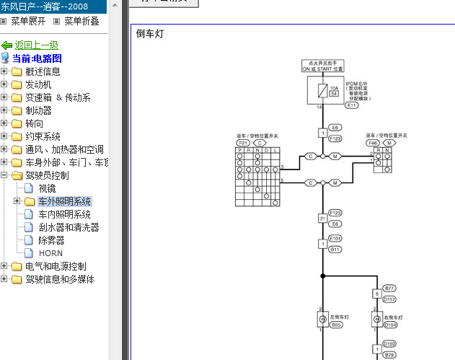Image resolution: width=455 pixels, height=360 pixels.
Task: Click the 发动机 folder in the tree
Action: [x=37, y=84]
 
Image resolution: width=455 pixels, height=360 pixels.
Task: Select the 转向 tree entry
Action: [x=33, y=123]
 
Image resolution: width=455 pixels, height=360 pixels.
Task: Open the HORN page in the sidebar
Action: [x=50, y=253]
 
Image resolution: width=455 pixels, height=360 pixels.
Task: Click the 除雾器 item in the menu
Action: [x=53, y=240]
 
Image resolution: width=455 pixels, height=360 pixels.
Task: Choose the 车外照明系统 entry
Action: [x=64, y=201]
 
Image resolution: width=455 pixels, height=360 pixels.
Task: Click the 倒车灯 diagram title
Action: [x=149, y=34]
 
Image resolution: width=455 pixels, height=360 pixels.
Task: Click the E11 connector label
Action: [x=352, y=105]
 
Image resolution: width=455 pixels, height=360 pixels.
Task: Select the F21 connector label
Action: [x=243, y=143]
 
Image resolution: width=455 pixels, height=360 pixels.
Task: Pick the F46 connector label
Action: [x=373, y=143]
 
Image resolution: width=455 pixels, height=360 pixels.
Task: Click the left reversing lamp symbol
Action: [x=322, y=318]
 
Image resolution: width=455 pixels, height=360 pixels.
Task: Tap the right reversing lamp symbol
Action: [x=376, y=318]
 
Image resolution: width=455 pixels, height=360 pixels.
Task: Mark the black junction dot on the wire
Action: [x=322, y=276]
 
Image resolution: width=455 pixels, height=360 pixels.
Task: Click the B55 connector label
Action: [x=336, y=325]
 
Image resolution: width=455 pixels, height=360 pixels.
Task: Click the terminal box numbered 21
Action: [x=322, y=218]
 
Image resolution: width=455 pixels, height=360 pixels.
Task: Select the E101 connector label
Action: [x=335, y=237]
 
